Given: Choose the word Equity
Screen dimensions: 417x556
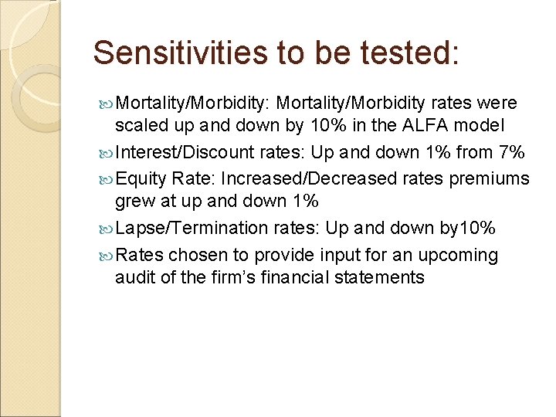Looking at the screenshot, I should (x=142, y=179).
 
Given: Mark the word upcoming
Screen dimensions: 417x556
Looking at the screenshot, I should (x=461, y=255).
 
